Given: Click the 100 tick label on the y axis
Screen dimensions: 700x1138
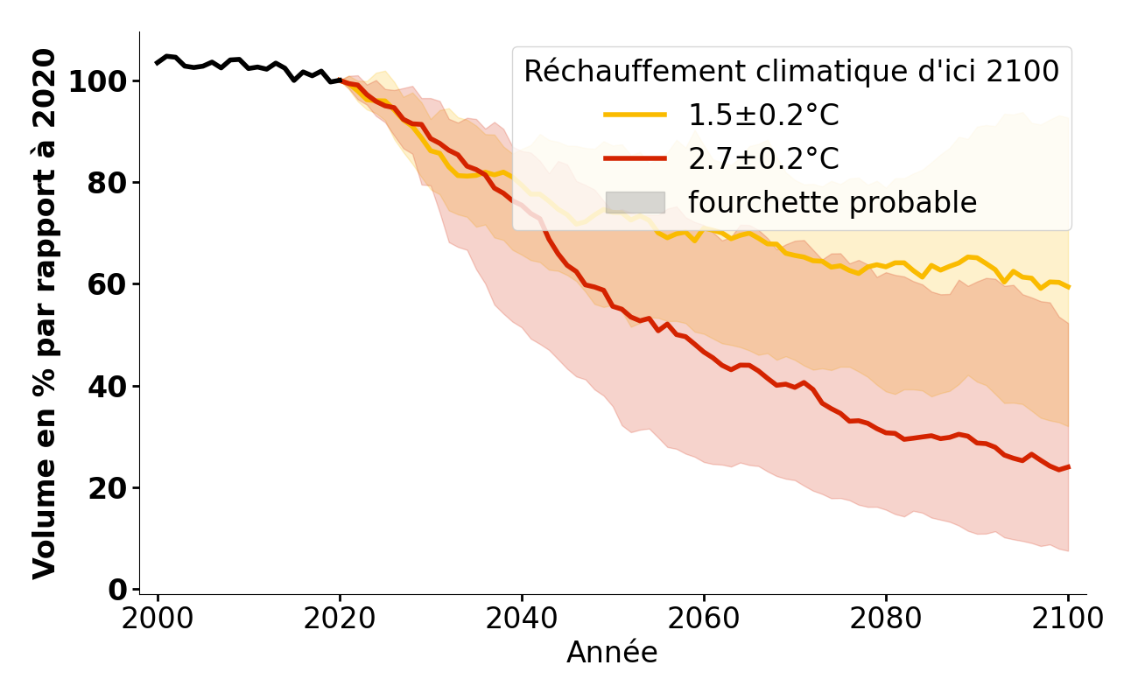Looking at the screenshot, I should point(99,82).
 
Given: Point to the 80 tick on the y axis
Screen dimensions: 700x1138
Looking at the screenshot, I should point(109,184).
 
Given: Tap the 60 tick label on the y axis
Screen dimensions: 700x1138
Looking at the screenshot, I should point(109,285).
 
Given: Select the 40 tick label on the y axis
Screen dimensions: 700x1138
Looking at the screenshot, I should point(109,387).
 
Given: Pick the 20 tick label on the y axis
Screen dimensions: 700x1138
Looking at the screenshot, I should point(109,488).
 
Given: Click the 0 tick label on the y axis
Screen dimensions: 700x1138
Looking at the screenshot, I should point(119,590).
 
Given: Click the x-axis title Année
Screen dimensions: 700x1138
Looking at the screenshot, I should point(612,653).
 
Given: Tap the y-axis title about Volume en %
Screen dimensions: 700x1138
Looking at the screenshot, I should point(44,313).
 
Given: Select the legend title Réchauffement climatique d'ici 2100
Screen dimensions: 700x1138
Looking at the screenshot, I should point(791,72).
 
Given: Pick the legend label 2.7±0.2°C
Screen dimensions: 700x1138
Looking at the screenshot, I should point(763,159).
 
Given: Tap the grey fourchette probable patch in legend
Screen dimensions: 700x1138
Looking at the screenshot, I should point(635,203).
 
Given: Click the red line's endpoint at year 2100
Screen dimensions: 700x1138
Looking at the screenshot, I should point(1068,467).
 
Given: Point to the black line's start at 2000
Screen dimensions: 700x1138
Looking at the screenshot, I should point(158,63).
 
